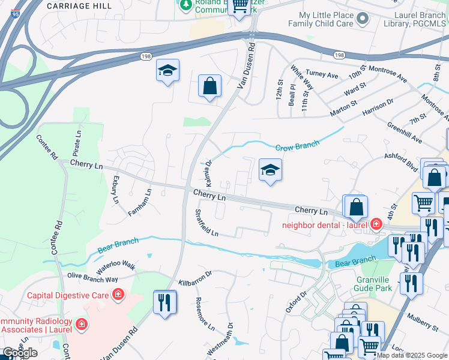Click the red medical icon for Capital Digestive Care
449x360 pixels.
(118, 294)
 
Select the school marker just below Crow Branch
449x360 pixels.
(270, 170)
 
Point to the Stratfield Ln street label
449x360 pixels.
(206, 223)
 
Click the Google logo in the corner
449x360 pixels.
(20, 353)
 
